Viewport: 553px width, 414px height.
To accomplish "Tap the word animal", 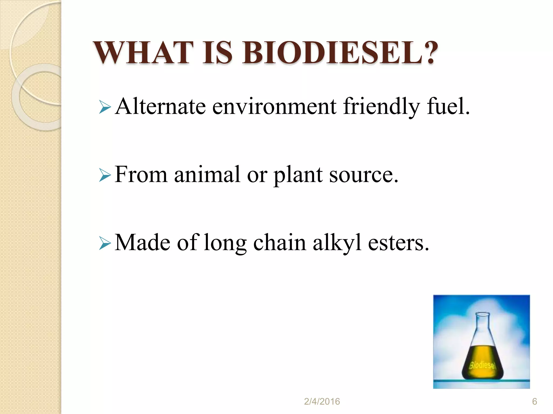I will coord(207,175).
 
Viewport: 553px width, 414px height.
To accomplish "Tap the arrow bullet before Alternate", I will coord(105,107).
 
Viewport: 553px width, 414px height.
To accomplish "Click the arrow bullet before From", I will coord(105,175).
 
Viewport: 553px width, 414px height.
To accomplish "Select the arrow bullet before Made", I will coord(105,243).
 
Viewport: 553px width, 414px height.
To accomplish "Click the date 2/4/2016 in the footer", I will coord(322,402).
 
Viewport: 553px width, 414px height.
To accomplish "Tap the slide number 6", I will coord(534,402).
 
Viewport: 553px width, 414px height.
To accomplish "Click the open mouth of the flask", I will coord(482,314).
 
